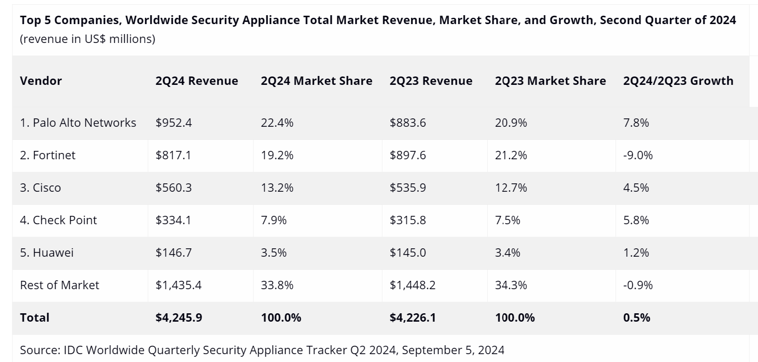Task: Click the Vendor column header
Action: pos(41,81)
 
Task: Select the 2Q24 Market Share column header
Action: pos(316,81)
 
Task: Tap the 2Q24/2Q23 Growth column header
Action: pos(678,81)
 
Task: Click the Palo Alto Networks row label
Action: pos(78,123)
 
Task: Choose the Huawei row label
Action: pos(47,253)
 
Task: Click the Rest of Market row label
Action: pos(59,285)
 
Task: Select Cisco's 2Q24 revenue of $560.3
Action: pos(173,188)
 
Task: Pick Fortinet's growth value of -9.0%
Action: pos(638,155)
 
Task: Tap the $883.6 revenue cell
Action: pos(408,123)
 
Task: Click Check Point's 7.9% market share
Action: pos(273,220)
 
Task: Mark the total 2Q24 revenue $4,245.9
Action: pos(179,317)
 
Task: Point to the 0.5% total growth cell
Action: pos(636,317)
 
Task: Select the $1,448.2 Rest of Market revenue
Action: pos(412,285)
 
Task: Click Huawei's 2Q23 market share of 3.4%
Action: pos(508,253)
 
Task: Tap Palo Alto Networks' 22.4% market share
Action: pos(277,123)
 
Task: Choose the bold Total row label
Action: pos(35,317)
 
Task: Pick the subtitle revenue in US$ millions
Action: pos(87,39)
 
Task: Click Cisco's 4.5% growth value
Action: pos(636,188)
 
